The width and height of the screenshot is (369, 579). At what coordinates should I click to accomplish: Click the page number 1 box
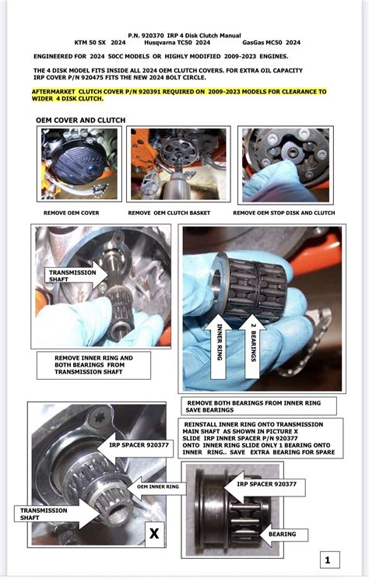click(329, 560)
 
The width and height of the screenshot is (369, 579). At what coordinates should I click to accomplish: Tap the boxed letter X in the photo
click(154, 533)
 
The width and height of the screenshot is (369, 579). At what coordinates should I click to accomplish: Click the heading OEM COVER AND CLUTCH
click(80, 121)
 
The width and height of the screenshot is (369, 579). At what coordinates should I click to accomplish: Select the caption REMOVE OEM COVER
click(72, 213)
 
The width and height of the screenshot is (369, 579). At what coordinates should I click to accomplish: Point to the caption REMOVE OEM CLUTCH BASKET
click(169, 213)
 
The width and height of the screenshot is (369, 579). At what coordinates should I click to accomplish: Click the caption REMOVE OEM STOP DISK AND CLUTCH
click(284, 213)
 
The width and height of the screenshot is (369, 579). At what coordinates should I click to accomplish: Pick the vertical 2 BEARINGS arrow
click(254, 346)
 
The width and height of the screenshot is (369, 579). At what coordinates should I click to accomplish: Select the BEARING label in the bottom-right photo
click(283, 534)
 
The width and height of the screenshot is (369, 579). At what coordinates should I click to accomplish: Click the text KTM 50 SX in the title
click(90, 43)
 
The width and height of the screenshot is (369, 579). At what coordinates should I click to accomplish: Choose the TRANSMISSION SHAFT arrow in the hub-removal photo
click(76, 275)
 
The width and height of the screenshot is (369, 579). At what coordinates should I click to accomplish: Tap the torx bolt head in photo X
click(99, 417)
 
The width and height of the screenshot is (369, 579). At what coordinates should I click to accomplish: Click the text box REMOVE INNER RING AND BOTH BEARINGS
click(93, 365)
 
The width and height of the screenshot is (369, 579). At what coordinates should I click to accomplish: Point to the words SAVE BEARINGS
click(209, 410)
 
